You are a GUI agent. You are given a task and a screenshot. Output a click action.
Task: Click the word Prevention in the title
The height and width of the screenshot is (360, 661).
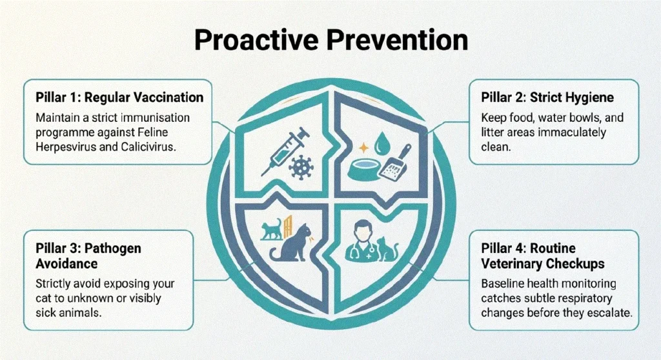[x=397, y=41]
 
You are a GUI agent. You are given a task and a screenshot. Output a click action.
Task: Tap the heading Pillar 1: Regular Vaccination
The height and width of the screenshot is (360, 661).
[x=119, y=97]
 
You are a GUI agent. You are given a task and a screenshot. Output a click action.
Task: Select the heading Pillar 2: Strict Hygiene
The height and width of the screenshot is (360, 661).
[x=547, y=97]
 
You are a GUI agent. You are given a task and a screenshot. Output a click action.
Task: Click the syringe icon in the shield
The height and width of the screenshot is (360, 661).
[x=285, y=152]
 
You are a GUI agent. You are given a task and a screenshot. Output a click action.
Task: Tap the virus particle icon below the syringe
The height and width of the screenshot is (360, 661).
[x=301, y=167]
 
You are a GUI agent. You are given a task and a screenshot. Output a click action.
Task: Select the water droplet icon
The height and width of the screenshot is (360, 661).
[x=383, y=143]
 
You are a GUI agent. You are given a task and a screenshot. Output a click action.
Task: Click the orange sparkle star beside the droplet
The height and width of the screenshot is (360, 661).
[x=363, y=148]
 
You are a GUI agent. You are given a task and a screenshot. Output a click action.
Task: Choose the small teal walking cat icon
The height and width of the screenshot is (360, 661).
[x=271, y=229]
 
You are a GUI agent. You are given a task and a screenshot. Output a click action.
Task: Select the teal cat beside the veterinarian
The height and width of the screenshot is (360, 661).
[x=387, y=249]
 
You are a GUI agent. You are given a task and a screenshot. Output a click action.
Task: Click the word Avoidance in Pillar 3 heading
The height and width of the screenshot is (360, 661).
[x=66, y=263]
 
